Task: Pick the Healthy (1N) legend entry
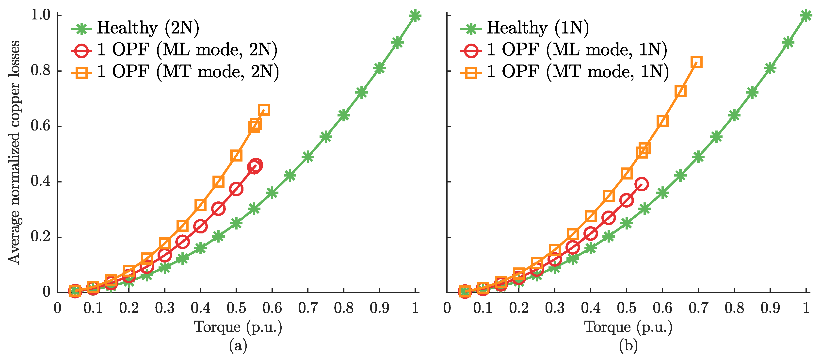pos(525,28)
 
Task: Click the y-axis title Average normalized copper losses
pos(14,152)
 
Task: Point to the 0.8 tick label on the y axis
pos(41,70)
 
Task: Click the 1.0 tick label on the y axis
pos(41,15)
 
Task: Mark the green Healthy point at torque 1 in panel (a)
pos(415,15)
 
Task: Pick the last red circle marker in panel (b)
pos(641,184)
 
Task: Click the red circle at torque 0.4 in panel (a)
pos(200,227)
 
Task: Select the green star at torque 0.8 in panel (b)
pos(734,115)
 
